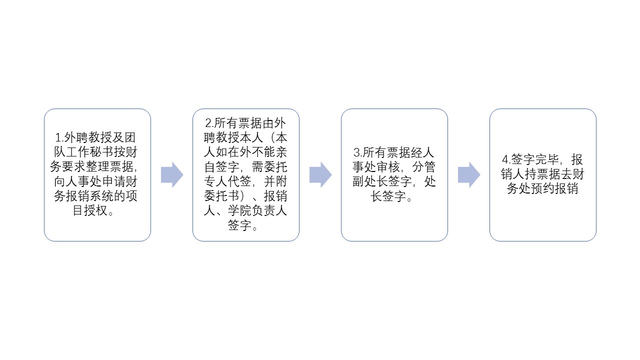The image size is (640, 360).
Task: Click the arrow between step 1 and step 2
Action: pos(172,175)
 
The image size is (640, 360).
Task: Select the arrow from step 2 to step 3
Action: pos(320,175)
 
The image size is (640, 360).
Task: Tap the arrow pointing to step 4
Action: pos(469,175)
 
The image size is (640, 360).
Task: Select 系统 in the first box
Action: pos(102,196)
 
